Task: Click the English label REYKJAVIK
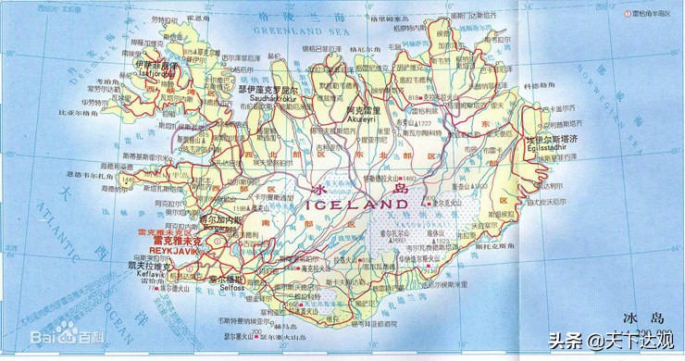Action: click(x=174, y=250)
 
